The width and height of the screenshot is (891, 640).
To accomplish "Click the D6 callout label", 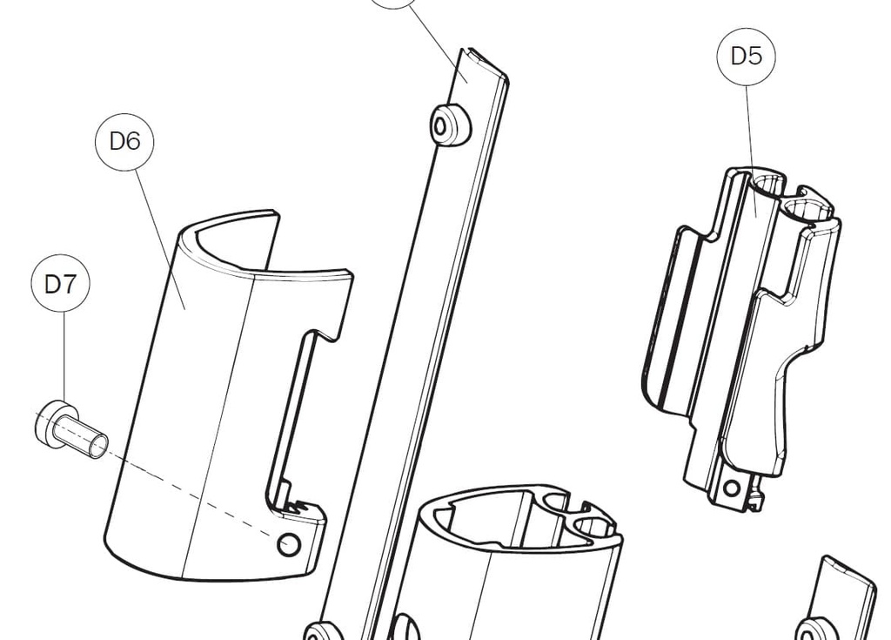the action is coord(125,141).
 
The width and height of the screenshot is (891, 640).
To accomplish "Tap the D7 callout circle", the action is coord(60,283).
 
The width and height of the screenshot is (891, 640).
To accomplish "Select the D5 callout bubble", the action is coord(746,57).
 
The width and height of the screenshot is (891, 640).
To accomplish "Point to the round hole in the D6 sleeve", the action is coord(289,544).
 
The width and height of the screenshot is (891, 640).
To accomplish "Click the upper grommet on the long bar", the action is coord(451,124).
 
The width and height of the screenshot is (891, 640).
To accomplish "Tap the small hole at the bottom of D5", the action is coord(731,488).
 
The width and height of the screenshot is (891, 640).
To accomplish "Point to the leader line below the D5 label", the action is coord(751,151).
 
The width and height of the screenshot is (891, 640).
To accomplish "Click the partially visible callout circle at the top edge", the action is coord(395,3).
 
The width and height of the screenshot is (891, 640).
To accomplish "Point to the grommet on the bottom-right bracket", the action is coord(816,630).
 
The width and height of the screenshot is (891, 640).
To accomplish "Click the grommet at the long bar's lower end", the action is coord(324,632).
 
